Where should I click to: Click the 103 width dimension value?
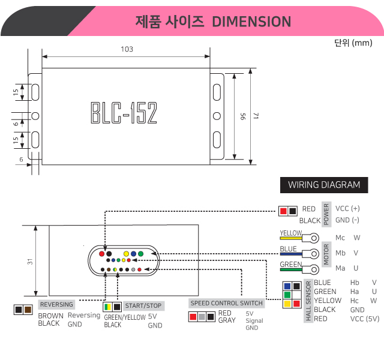(x=127, y=49)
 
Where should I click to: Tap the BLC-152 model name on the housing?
(x=124, y=113)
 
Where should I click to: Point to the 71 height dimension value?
(x=256, y=116)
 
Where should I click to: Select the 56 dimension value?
(x=242, y=116)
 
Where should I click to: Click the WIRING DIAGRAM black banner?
(x=324, y=185)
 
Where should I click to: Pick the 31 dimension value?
(x=30, y=262)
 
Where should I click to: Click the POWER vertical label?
(x=326, y=214)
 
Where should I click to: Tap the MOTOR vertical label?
(x=326, y=254)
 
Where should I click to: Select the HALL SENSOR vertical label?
(x=308, y=301)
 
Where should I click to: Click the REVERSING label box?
(x=56, y=304)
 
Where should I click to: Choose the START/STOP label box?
(x=143, y=305)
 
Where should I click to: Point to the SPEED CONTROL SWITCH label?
(x=227, y=303)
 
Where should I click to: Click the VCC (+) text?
(x=347, y=208)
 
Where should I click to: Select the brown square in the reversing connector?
(x=28, y=310)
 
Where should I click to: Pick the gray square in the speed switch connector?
(x=202, y=317)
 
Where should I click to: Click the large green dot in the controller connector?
(x=140, y=254)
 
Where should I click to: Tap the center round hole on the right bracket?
(x=217, y=116)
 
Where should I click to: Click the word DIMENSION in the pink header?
(x=251, y=22)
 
